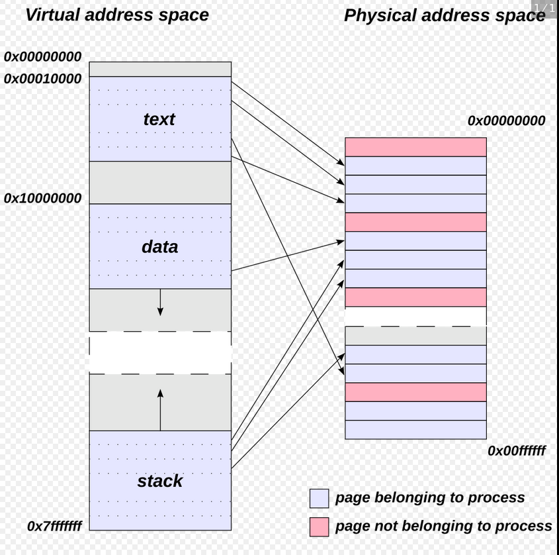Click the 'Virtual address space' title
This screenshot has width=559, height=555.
coord(116,15)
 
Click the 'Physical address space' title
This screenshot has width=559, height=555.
coord(445,16)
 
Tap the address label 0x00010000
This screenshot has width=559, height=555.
coord(43,79)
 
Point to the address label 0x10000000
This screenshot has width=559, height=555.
coord(43,198)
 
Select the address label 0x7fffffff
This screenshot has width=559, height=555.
coord(55,526)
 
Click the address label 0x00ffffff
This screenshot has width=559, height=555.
coord(517,450)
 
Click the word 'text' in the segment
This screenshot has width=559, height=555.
coord(159,119)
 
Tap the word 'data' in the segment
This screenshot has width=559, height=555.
coord(159,247)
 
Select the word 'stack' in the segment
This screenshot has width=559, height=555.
coord(159,481)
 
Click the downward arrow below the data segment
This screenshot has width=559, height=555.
coord(160,304)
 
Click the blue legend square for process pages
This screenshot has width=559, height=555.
coord(319,498)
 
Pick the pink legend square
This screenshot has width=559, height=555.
coord(319,527)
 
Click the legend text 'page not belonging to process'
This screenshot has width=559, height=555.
coord(443,526)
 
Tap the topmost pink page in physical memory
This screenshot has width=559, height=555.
coord(415,147)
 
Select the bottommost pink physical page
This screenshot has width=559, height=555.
coord(415,392)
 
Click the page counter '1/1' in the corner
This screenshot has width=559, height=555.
coord(544,8)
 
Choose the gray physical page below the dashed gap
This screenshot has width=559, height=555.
coord(415,336)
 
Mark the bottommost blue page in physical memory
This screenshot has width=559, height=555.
coord(415,429)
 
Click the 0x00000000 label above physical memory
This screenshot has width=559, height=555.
coord(506,121)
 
